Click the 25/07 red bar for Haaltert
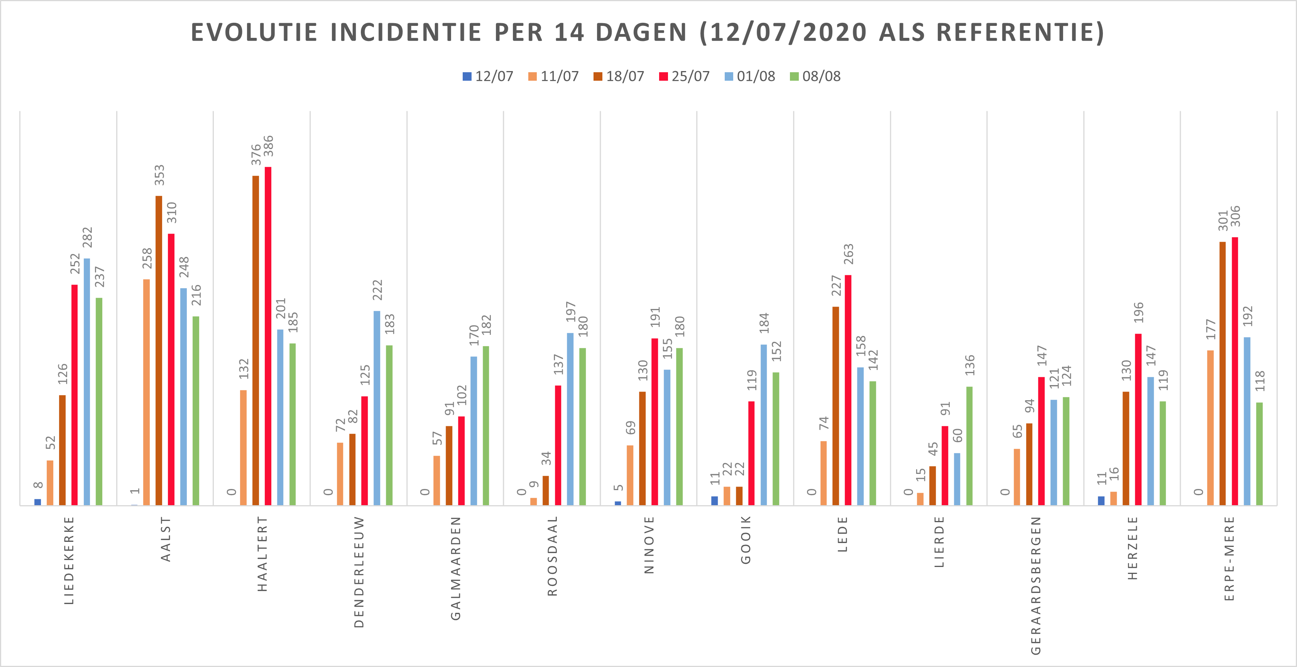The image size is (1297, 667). [x=268, y=336]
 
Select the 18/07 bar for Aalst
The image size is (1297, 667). [x=159, y=350]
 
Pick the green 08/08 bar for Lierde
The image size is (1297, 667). [x=969, y=446]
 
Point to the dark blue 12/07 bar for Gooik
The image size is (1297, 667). [x=714, y=501]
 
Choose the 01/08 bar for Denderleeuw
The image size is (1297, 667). [x=377, y=408]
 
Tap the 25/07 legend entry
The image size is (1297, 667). [x=684, y=76]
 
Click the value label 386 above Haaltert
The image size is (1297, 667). [x=269, y=146]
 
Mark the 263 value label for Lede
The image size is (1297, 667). [x=848, y=254]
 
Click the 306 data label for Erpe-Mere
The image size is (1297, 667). [x=1235, y=216]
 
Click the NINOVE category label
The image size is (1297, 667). [x=649, y=545]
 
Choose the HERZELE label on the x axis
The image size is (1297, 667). [x=1132, y=548]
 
